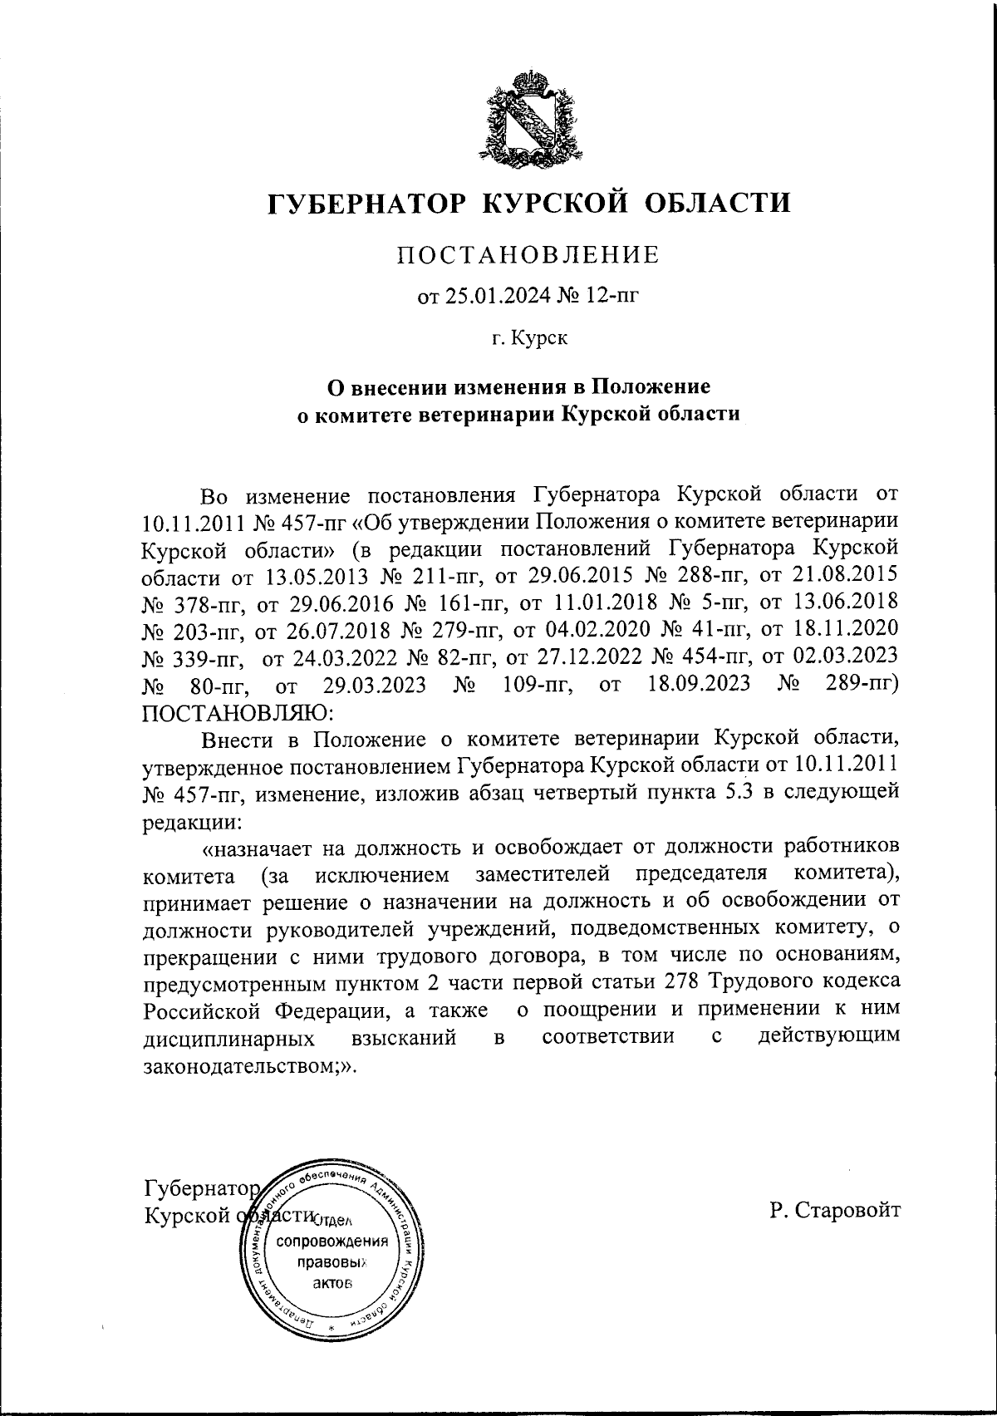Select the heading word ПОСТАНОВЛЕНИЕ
click(528, 255)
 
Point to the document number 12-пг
click(611, 295)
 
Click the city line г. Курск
click(528, 338)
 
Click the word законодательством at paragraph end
click(245, 1066)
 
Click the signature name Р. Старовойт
click(834, 1211)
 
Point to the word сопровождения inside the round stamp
click(332, 1242)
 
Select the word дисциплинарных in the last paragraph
click(229, 1039)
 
